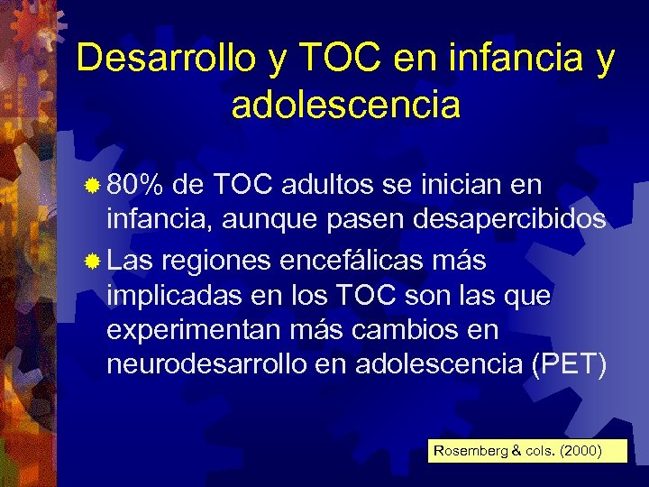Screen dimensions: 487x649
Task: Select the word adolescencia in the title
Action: [346, 106]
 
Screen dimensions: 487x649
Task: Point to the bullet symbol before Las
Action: [93, 262]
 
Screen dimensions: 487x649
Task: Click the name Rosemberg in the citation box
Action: [471, 450]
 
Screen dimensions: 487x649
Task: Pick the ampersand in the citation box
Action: [515, 450]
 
